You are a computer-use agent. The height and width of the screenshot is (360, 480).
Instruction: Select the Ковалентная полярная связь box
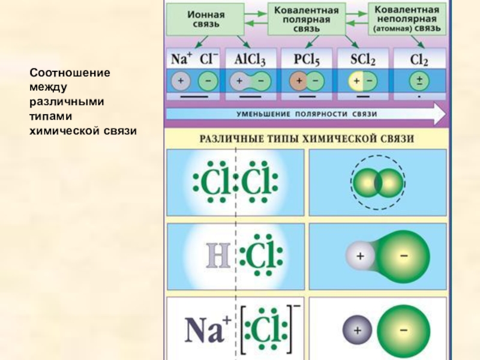[307, 20]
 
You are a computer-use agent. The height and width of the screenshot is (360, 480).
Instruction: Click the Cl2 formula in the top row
[419, 59]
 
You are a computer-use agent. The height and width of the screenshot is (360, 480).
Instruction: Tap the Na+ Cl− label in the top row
[194, 59]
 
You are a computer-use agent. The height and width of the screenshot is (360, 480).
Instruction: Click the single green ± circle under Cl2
[419, 81]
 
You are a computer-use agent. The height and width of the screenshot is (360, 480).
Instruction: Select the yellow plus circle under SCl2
[356, 81]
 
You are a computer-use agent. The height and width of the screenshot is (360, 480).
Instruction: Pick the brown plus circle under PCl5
[298, 81]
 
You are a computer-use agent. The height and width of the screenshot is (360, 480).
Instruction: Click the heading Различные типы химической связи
[307, 139]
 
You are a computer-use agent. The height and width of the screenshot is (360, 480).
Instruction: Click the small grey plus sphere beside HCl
[360, 256]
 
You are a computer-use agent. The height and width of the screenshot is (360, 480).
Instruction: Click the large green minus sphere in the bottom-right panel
[403, 329]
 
